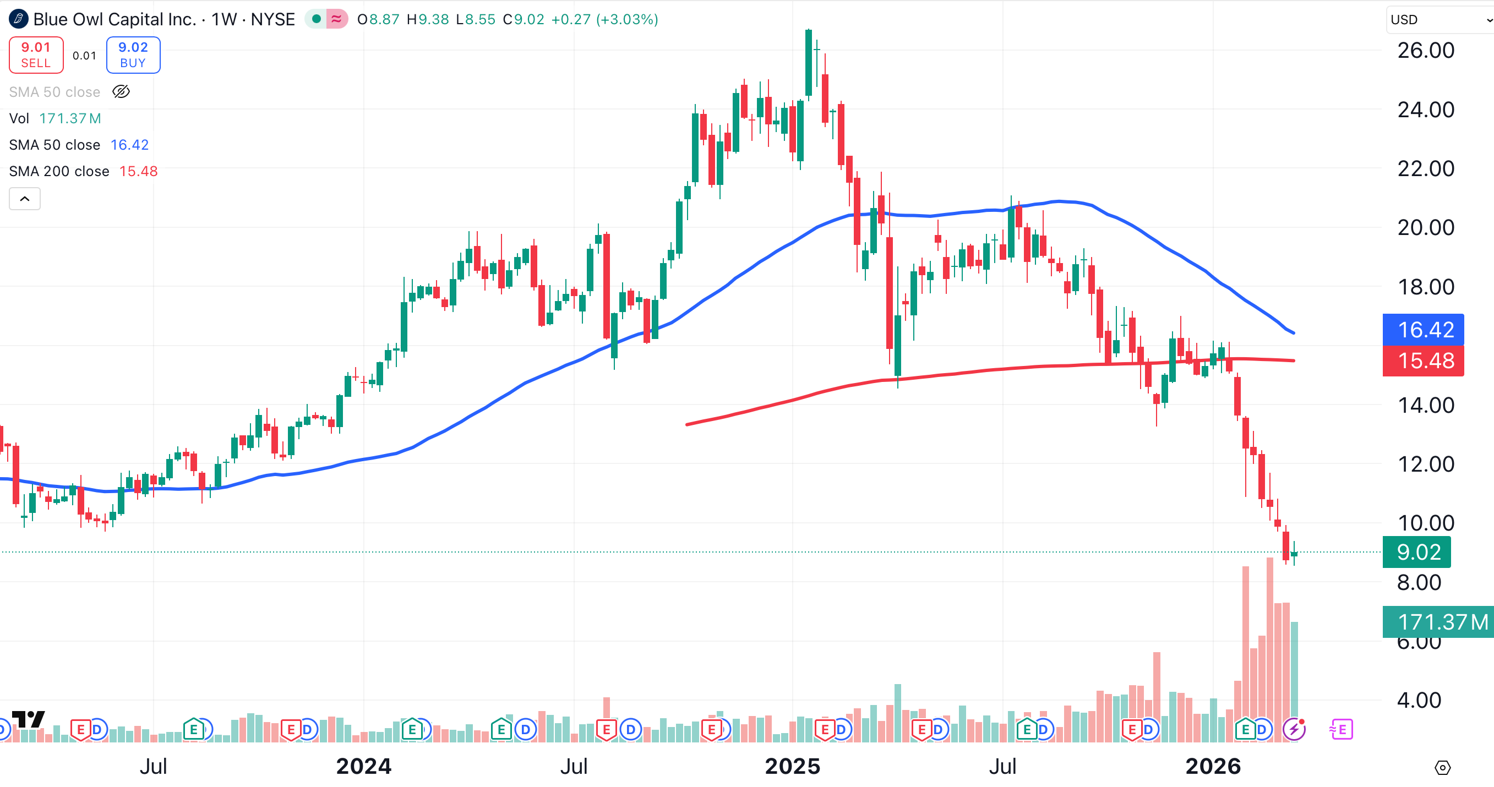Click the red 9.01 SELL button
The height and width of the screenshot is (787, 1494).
(x=36, y=55)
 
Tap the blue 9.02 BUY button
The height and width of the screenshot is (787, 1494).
(x=133, y=55)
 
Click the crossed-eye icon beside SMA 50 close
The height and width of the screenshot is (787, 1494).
(x=121, y=91)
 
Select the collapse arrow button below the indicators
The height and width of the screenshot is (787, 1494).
(x=25, y=199)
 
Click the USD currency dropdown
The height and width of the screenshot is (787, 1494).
(x=1438, y=20)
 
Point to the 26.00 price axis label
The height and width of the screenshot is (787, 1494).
(x=1426, y=51)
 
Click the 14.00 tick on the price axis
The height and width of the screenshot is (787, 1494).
(x=1426, y=406)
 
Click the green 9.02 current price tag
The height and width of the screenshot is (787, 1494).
(x=1416, y=552)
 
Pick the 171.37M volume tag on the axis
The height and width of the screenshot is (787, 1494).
(x=1438, y=622)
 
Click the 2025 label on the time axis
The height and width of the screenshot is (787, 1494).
(x=792, y=766)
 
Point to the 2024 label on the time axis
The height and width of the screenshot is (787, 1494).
(x=364, y=766)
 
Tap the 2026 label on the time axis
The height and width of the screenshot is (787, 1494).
(x=1213, y=766)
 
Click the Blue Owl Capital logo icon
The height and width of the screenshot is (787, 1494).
(x=19, y=19)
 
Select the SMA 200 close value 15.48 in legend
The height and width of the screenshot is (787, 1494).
(x=138, y=171)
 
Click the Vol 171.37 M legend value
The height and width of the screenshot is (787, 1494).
(x=70, y=118)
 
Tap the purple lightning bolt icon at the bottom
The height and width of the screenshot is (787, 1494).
(x=1294, y=729)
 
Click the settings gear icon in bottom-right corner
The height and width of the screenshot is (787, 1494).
(x=1442, y=767)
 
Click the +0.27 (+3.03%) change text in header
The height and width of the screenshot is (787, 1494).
(x=604, y=20)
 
